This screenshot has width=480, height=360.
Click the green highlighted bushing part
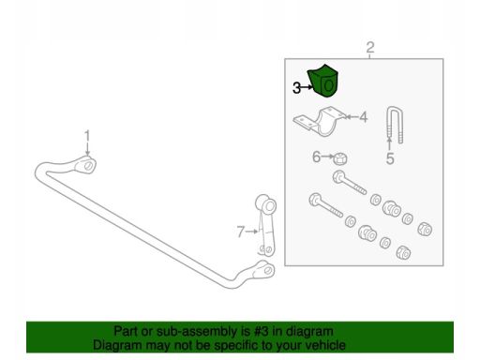pyautogui.click(x=323, y=82)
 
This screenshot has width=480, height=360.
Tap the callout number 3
pyautogui.click(x=296, y=88)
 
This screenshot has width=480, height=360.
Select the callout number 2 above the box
pyautogui.click(x=370, y=48)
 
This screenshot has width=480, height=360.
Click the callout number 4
pyautogui.click(x=363, y=117)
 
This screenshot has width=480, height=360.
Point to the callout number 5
pyautogui.click(x=390, y=158)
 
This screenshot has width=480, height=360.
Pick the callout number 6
pyautogui.click(x=316, y=157)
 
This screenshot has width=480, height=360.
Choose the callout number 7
pyautogui.click(x=240, y=232)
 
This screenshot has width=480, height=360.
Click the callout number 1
pyautogui.click(x=87, y=136)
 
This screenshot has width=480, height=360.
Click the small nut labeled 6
pyautogui.click(x=340, y=158)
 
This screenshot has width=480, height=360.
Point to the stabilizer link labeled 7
pyautogui.click(x=266, y=225)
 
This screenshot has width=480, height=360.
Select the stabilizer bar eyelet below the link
pyautogui.click(x=266, y=269)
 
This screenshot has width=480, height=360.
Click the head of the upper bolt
pyautogui.click(x=339, y=176)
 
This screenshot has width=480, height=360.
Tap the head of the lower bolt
pyautogui.click(x=315, y=200)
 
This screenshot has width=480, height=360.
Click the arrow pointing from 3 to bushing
pyautogui.click(x=307, y=87)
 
